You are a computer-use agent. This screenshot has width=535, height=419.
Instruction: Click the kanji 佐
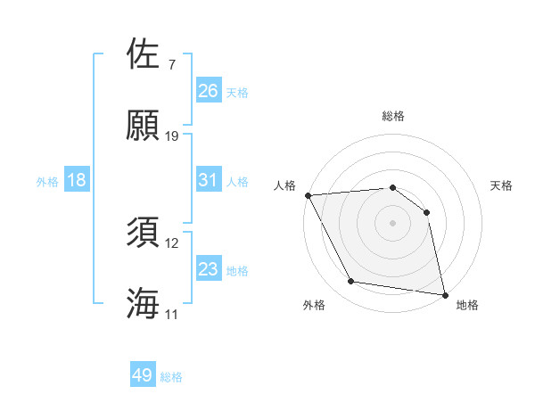click(x=144, y=55)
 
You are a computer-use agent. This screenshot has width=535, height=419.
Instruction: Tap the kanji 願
click(x=144, y=126)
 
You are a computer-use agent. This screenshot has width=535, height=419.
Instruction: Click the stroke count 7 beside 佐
click(x=171, y=65)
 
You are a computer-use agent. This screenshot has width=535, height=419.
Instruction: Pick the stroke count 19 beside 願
click(x=172, y=136)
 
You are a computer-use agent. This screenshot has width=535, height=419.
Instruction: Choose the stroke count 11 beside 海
click(x=172, y=315)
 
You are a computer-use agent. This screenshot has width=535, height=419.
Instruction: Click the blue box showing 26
click(x=209, y=90)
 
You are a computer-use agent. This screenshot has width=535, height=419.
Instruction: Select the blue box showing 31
click(x=209, y=180)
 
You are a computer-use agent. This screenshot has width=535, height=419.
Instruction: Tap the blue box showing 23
click(x=209, y=269)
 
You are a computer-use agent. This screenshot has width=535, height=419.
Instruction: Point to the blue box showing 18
click(x=77, y=180)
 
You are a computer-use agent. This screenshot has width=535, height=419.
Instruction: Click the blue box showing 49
click(x=143, y=375)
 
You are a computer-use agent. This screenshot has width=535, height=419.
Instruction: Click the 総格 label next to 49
click(x=171, y=377)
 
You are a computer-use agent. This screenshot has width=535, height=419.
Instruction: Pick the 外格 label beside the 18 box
click(x=47, y=182)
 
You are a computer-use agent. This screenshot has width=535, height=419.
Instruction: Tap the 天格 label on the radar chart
click(x=502, y=185)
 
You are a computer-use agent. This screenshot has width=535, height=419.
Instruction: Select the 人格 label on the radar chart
click(x=286, y=185)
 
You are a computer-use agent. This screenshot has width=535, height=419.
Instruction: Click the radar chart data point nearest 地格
click(x=444, y=293)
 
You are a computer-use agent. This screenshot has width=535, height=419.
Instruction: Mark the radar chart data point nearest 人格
click(x=308, y=195)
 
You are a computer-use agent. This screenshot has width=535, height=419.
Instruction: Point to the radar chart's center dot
click(x=392, y=223)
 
